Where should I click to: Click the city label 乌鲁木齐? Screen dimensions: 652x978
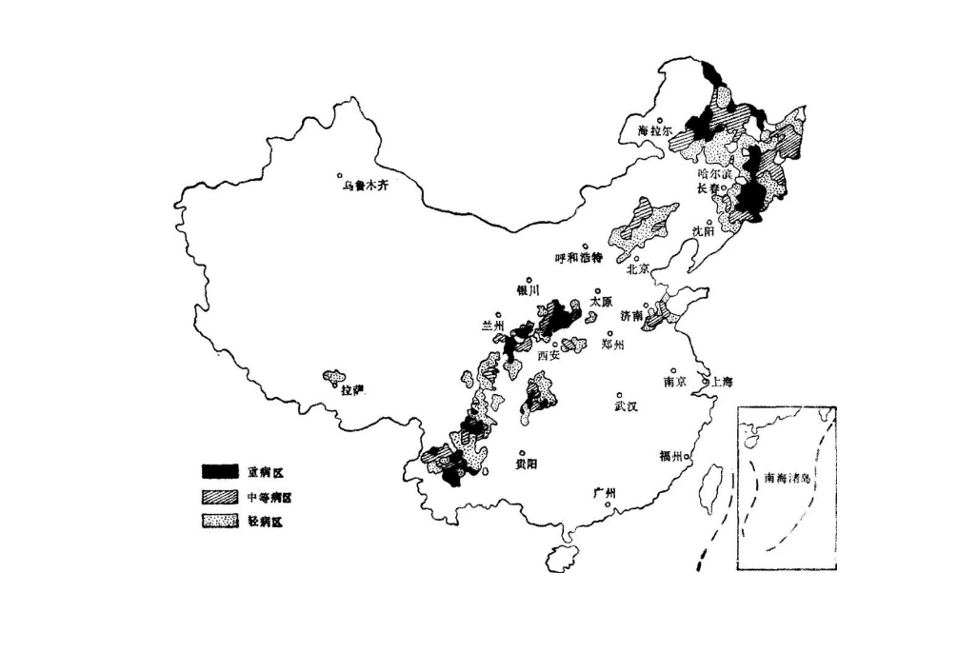coord(367,186)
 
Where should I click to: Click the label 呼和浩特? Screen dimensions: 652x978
coord(580,258)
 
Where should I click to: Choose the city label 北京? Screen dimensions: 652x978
coord(638,268)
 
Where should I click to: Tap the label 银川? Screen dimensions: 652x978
coord(528,291)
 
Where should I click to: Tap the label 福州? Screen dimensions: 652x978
coord(670,456)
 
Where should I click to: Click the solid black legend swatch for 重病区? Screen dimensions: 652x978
coord(219,471)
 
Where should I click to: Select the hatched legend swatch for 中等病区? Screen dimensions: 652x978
coord(219,497)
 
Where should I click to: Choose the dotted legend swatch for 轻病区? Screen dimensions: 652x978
coord(219,522)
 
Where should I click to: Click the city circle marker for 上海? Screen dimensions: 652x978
coord(707,381)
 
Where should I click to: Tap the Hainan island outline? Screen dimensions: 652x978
coord(562,558)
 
